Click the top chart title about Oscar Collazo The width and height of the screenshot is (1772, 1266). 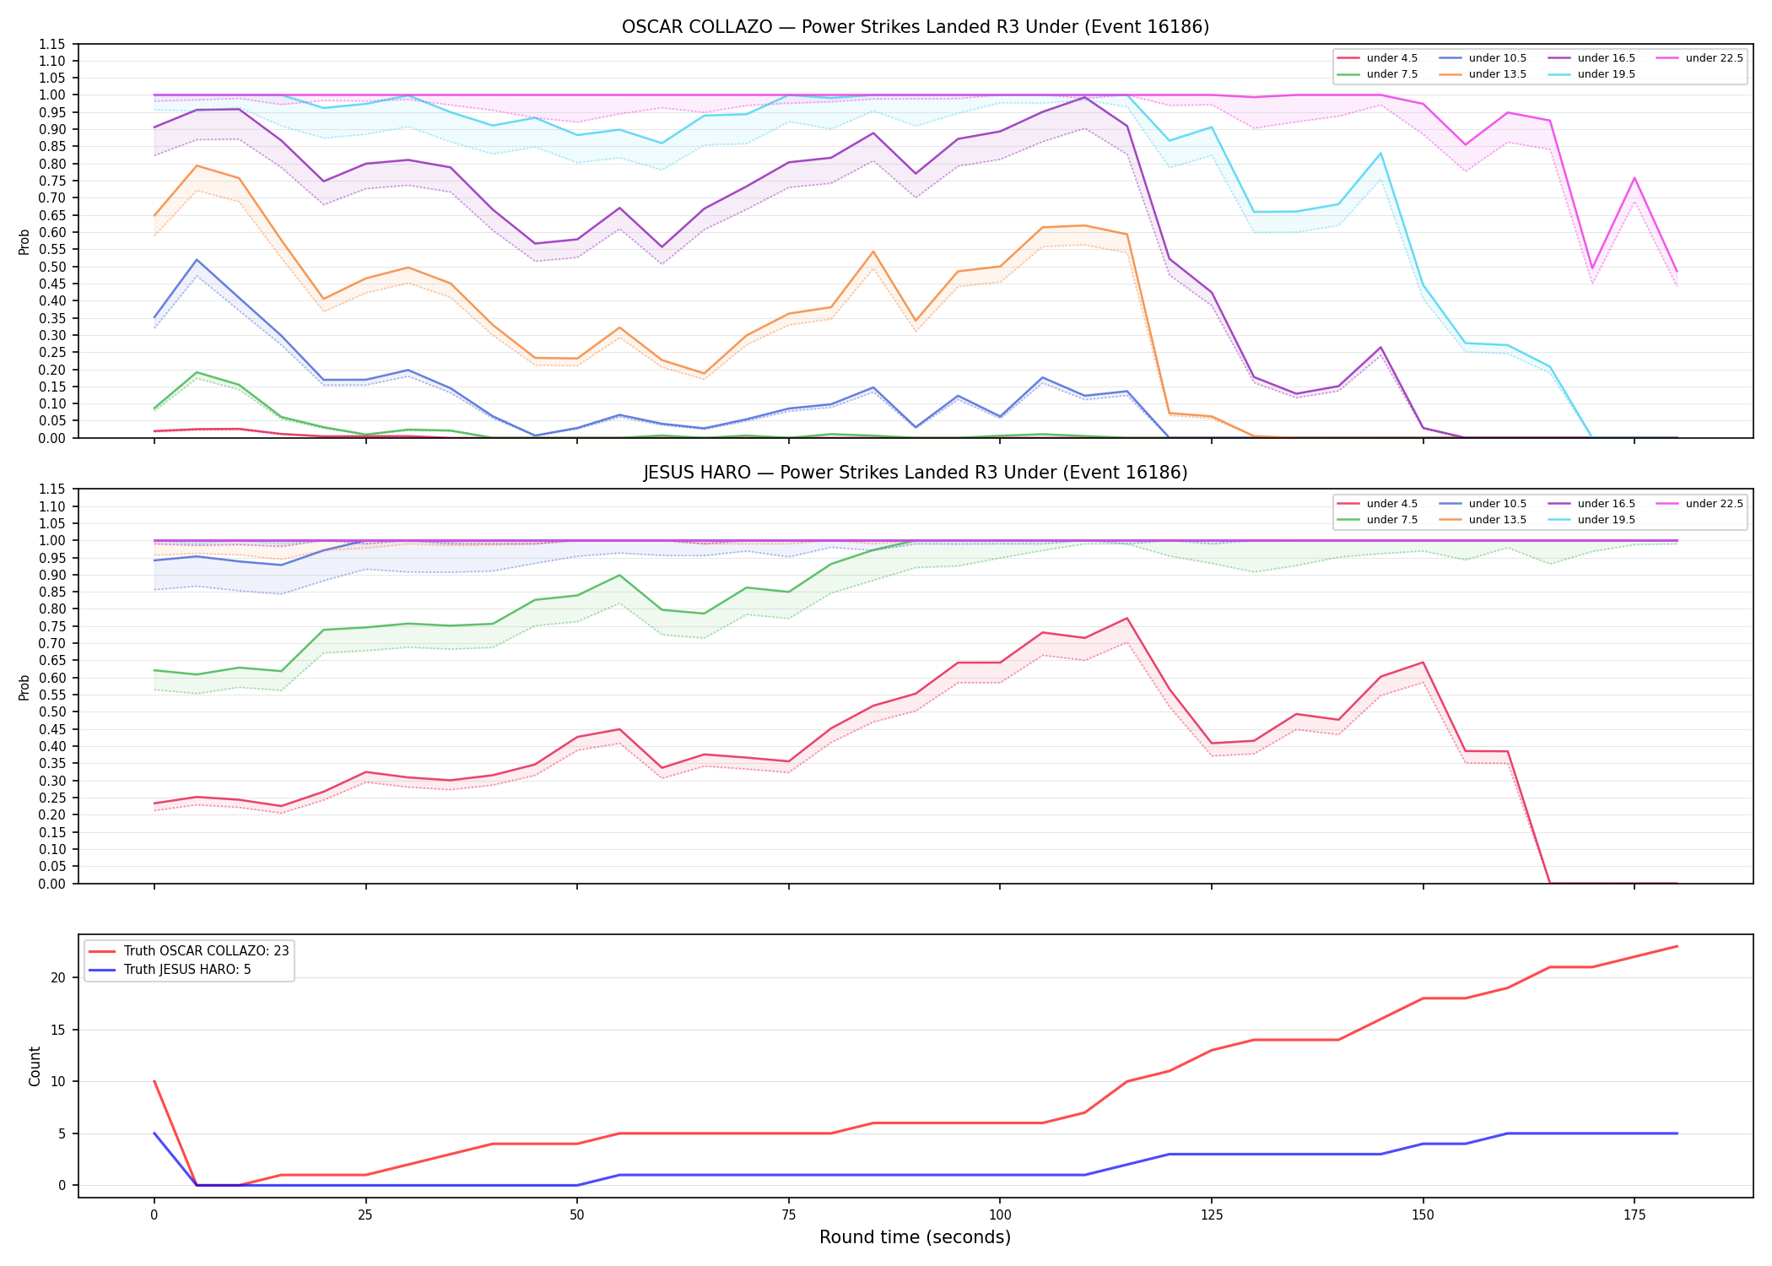tap(916, 27)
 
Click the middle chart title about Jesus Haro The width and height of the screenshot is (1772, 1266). tap(916, 473)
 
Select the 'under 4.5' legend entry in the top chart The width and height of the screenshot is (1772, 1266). tap(1378, 58)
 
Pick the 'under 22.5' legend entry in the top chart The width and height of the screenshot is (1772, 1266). tap(1699, 58)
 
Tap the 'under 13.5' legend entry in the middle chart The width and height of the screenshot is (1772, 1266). tap(1483, 520)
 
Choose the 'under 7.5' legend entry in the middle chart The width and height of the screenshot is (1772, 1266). tap(1378, 520)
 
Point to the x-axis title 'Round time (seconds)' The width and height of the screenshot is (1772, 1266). tap(915, 1237)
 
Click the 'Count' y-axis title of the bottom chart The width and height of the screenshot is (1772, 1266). tap(35, 1066)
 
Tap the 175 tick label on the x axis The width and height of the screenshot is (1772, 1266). tap(1634, 1215)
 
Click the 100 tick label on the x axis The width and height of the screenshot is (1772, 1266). tap(1000, 1215)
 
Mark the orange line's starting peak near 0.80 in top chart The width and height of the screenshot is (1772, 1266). tap(197, 165)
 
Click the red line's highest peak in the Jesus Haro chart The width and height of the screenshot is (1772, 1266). tap(1126, 619)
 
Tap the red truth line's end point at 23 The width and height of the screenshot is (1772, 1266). tap(1677, 946)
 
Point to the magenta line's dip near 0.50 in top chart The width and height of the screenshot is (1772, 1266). tap(1591, 268)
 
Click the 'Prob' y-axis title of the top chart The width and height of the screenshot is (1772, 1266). tap(24, 241)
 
